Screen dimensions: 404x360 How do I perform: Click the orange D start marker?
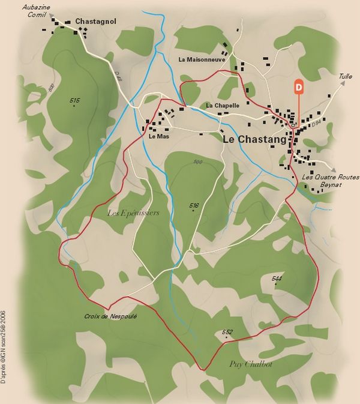coord(298,87)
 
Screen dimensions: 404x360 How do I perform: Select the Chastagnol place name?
coord(95,22)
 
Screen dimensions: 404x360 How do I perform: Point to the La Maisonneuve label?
coord(202,59)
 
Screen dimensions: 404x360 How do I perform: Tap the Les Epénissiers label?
coord(133,213)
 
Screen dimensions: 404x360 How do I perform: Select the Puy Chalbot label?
coord(251,364)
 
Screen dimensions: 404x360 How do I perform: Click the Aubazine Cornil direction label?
coord(34,10)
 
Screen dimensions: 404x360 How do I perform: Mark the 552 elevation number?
coord(227,332)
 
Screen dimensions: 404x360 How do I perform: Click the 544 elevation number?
coord(277,279)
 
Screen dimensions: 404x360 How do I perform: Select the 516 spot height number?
coord(194,205)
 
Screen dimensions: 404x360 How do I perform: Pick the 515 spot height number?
coord(74,100)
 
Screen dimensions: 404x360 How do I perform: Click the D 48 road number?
coord(116,76)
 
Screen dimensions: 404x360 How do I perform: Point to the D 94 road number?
coord(316,124)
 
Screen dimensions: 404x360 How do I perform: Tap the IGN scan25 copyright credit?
coord(4,347)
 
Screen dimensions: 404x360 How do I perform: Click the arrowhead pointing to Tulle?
coord(344,84)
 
